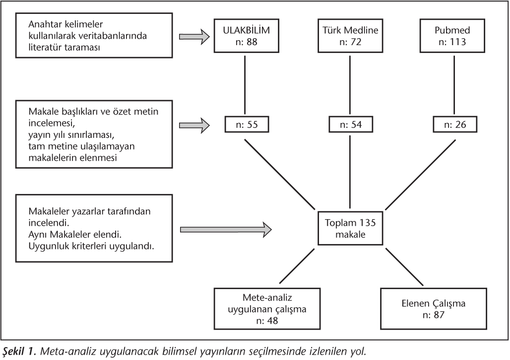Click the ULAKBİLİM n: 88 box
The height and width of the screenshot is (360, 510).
coord(246,36)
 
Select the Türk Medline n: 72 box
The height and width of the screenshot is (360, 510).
coord(350,36)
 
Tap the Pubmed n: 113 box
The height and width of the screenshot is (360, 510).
coord(452,36)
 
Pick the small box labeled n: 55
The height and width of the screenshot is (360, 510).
coord(247,124)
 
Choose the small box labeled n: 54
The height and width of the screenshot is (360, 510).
coord(351,124)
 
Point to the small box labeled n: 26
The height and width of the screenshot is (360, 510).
coord(455,124)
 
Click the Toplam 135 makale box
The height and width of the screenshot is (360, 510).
coord(350,228)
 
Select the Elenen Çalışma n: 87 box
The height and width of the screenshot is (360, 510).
coord(434,308)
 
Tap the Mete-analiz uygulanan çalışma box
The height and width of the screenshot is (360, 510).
coord(267,308)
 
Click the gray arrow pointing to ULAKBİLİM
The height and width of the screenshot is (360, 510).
coord(194,36)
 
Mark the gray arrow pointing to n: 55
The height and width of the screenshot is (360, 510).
coord(194,125)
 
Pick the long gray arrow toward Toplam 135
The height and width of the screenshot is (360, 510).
coord(226,230)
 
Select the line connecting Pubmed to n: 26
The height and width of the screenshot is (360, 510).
coord(454,85)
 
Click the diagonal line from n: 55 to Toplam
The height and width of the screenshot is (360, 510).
coord(280,175)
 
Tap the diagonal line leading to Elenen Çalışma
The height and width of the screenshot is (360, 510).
coord(404,267)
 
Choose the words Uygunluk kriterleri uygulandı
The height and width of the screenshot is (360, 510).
coord(91,246)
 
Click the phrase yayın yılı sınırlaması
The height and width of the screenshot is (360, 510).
coord(71,135)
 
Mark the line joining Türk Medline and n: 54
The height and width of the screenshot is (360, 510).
coord(350,85)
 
